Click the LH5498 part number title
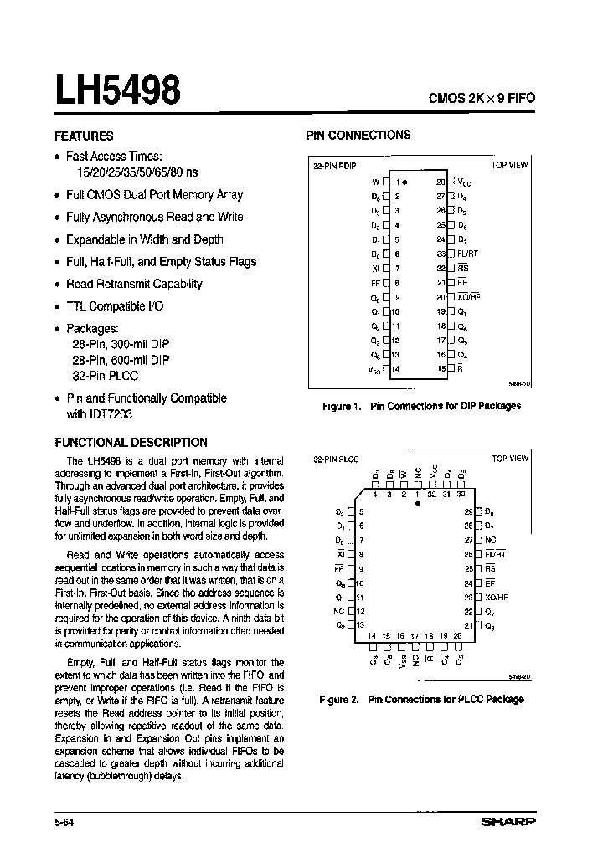point(117,90)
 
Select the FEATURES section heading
point(84,136)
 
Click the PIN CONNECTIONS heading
point(358,135)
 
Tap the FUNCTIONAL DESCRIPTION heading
point(131,442)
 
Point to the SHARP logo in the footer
point(508,823)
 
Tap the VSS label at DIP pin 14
point(373,368)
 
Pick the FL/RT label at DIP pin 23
point(468,253)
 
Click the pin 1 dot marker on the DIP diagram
point(405,181)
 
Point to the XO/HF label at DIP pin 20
point(469,296)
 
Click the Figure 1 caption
point(421,406)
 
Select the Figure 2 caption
point(421,699)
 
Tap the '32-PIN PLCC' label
point(337,459)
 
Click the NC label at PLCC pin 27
point(490,540)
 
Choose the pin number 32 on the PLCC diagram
point(433,495)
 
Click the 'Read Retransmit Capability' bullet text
point(134,284)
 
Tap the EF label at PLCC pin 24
point(490,583)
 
